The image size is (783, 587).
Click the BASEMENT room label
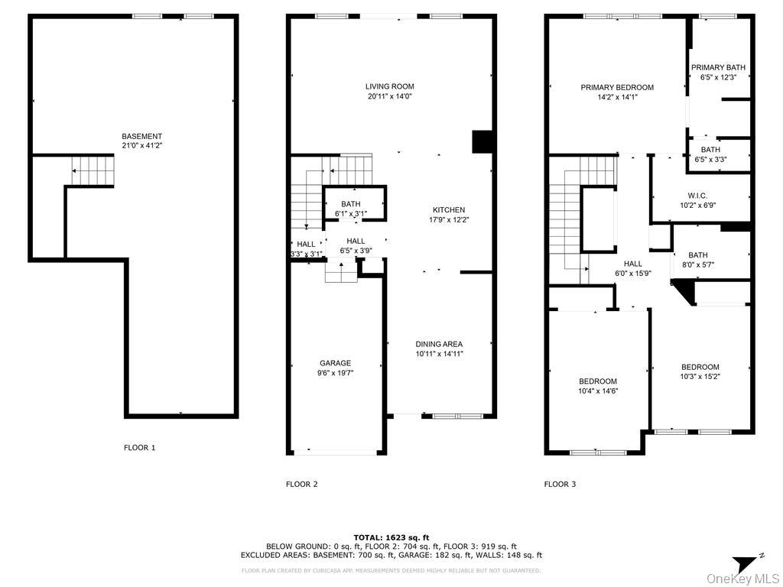tap(141, 136)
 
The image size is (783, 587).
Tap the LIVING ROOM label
tap(389, 86)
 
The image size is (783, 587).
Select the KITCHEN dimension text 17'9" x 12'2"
tap(449, 220)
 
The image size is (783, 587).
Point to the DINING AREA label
tap(439, 344)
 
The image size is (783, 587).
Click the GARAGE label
tap(335, 363)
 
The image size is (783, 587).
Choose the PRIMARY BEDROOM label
tap(617, 87)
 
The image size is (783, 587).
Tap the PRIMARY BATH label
tap(718, 67)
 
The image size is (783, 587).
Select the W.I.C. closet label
tap(697, 196)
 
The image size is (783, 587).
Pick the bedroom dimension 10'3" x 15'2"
tap(700, 376)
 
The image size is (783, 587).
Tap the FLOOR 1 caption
tap(139, 448)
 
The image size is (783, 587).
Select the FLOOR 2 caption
tap(301, 484)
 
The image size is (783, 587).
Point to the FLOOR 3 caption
tap(560, 484)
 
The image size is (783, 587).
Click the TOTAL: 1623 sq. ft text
tap(391, 537)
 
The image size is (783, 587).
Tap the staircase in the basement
tap(93, 170)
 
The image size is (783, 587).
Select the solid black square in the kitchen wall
tap(482, 142)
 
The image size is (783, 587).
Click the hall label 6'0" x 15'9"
tap(633, 268)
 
